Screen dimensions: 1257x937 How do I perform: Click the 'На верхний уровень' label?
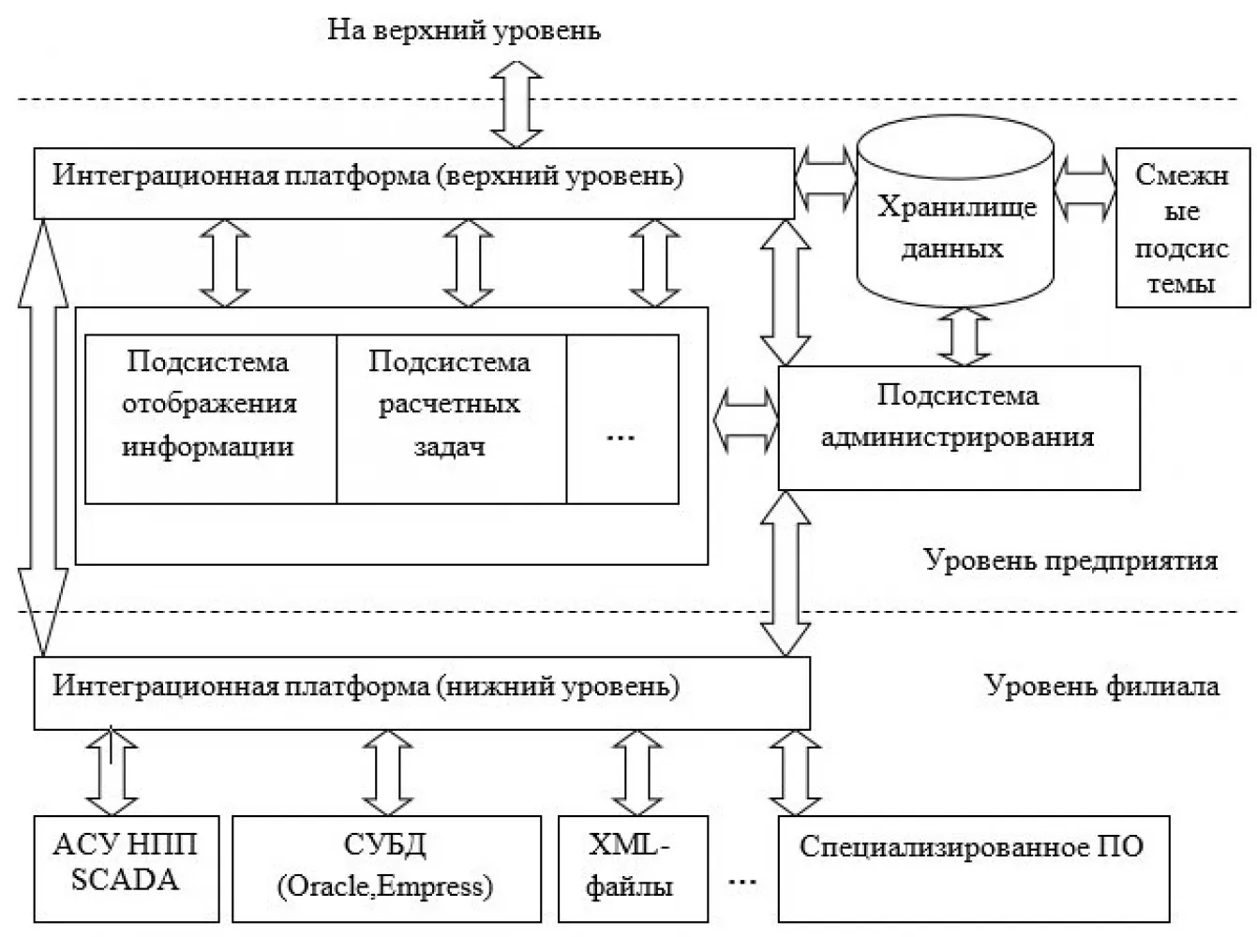point(464,30)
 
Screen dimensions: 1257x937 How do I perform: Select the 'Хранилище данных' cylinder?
point(955,211)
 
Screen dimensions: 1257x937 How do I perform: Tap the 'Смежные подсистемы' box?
point(1183,228)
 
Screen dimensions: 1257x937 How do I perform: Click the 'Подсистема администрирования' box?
point(959,428)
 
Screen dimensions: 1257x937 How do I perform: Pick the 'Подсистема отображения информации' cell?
point(211,420)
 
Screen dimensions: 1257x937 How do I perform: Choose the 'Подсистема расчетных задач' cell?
point(451,420)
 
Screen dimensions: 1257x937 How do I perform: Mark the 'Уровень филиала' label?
point(1101,686)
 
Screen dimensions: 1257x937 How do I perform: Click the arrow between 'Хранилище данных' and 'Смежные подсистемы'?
point(1085,188)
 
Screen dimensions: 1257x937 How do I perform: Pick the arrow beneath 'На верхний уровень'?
point(516,104)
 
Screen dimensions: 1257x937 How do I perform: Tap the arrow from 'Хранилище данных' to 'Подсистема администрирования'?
point(965,337)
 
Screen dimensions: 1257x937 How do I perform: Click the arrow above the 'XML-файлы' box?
point(636,773)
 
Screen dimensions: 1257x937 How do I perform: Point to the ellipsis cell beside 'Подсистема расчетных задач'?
point(622,420)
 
